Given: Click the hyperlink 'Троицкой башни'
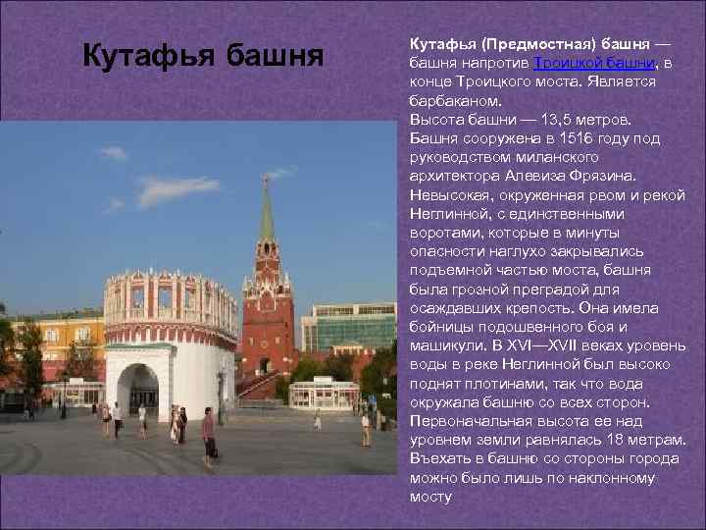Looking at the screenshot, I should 594,64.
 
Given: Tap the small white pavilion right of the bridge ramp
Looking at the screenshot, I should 323,392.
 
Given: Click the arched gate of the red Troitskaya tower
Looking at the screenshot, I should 265,364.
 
